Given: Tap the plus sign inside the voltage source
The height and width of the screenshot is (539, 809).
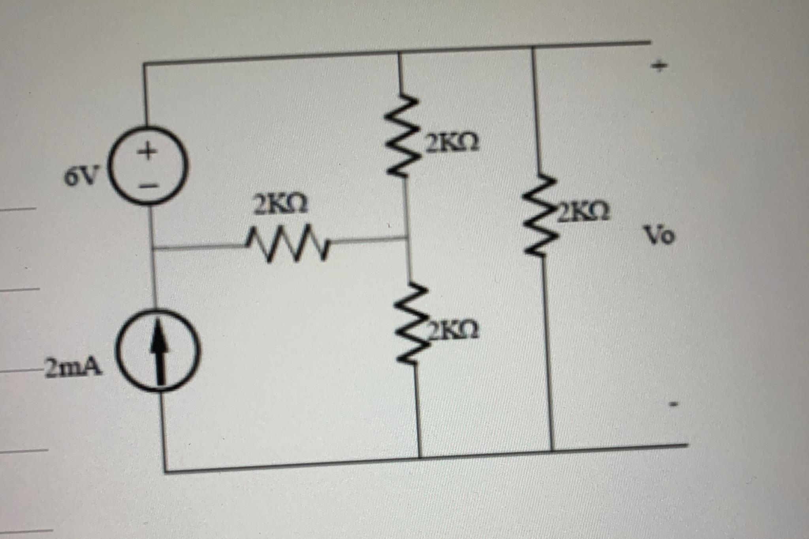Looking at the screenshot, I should (x=147, y=151).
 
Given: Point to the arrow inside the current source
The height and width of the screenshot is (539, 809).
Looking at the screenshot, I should (x=159, y=350).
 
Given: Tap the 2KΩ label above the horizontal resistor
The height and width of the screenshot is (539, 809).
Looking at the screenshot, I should (x=280, y=206).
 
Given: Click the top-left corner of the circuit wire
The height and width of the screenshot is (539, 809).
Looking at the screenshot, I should (x=144, y=63).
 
